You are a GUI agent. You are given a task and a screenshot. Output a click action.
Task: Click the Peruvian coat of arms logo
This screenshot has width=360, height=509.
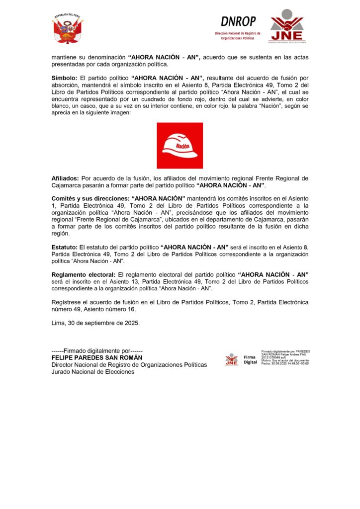(x=68, y=29)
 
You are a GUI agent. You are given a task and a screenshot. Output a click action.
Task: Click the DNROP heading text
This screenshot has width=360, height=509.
(x=238, y=21)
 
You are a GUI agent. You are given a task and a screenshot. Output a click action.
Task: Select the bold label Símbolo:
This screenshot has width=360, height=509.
(x=64, y=79)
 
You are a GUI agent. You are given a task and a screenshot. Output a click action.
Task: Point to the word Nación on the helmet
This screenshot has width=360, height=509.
(x=182, y=147)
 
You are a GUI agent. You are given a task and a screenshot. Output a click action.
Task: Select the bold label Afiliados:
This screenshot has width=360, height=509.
(x=65, y=178)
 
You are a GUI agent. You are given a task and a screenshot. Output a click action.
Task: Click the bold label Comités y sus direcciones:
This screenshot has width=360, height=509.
(x=90, y=198)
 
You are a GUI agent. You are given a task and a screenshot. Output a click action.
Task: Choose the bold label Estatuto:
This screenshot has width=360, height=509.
(x=65, y=247)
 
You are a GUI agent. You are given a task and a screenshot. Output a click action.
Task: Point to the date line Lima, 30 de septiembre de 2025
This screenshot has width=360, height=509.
(x=95, y=323)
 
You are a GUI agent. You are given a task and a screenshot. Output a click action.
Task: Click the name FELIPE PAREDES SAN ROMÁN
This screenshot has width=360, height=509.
(x=96, y=358)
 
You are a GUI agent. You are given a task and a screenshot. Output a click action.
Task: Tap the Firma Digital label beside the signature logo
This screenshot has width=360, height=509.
(x=250, y=360)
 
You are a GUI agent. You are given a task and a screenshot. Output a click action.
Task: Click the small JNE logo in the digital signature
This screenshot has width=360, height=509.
(x=232, y=359)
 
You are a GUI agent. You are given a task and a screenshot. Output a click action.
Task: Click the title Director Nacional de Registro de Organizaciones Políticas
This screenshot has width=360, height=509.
(x=129, y=365)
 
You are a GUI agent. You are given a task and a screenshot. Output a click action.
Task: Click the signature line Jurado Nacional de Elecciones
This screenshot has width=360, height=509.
(x=92, y=372)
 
